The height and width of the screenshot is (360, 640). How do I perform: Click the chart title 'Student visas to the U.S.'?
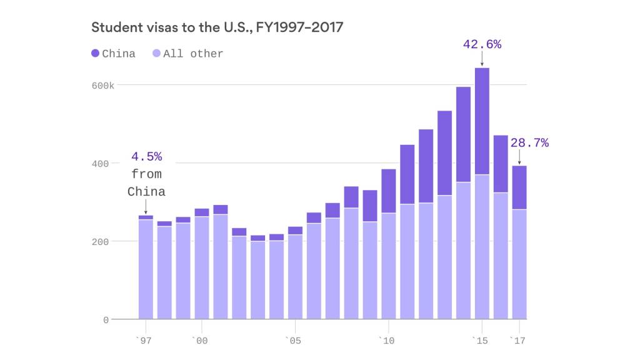click(x=217, y=27)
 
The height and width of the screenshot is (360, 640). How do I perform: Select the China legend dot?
click(x=95, y=54)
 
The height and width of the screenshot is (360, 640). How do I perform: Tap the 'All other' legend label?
click(x=193, y=54)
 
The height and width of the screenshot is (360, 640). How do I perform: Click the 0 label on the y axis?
click(x=106, y=320)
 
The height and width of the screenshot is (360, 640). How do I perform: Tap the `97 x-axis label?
click(x=145, y=341)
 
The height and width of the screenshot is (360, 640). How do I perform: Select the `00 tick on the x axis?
click(x=201, y=341)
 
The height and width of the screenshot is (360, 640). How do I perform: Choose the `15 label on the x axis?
click(x=481, y=341)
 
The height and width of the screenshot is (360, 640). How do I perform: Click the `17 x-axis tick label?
click(x=518, y=341)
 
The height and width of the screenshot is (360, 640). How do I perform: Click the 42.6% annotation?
click(x=482, y=44)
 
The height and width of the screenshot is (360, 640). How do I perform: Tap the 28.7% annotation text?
click(x=529, y=143)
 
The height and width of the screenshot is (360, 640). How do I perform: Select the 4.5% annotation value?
click(x=146, y=156)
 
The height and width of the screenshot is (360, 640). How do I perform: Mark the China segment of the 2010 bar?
click(x=389, y=191)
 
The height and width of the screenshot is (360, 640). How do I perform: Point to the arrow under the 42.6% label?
click(x=482, y=59)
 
